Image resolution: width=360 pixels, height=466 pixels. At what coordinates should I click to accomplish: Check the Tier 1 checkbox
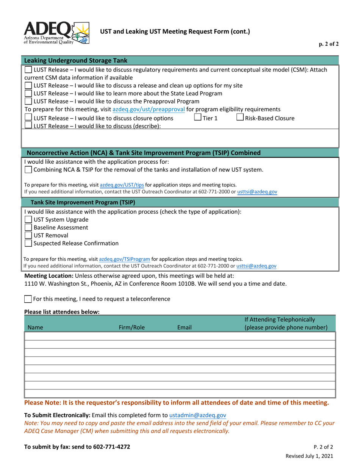(x=198, y=117)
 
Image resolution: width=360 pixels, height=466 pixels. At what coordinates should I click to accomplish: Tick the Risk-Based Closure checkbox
(x=240, y=117)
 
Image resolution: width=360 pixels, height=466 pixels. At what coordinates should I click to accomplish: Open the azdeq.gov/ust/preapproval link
(x=149, y=109)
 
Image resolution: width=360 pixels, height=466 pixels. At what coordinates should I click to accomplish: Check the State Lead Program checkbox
(x=28, y=93)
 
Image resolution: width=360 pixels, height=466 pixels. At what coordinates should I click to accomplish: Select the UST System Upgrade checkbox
(x=28, y=220)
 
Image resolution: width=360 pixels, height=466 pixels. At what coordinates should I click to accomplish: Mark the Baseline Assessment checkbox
(x=28, y=228)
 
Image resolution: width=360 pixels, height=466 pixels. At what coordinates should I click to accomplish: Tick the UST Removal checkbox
(x=28, y=236)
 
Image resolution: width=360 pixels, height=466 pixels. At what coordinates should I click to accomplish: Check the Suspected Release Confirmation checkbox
(x=28, y=243)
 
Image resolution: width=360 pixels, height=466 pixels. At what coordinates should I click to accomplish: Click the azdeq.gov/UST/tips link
(x=122, y=185)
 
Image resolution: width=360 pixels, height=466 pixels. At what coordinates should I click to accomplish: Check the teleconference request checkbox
(x=28, y=299)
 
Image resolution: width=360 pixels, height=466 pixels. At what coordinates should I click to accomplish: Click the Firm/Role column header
(x=132, y=327)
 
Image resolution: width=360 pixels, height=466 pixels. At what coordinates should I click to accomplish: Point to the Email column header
(x=184, y=327)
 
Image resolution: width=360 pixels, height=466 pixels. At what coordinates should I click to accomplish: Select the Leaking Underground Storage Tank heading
(x=76, y=61)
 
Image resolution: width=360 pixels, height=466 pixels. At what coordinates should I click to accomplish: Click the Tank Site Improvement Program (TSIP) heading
(x=83, y=202)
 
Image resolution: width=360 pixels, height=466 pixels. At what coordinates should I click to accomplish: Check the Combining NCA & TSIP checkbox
(x=28, y=170)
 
